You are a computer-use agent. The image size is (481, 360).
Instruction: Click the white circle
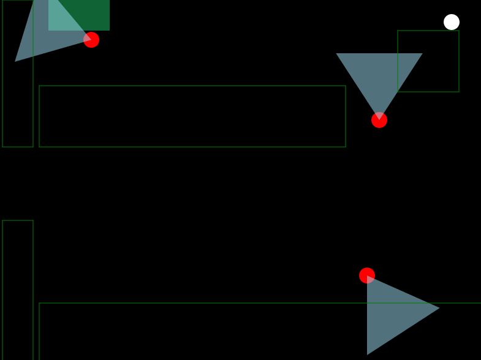click(x=452, y=22)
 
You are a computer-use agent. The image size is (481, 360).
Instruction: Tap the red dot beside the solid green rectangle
click(x=91, y=40)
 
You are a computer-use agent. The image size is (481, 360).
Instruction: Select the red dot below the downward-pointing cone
click(x=379, y=120)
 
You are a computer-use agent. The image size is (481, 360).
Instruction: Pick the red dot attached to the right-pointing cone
click(x=367, y=276)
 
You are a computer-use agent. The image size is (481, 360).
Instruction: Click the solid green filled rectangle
click(x=92, y=12)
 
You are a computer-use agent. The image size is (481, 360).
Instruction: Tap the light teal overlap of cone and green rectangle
click(x=64, y=18)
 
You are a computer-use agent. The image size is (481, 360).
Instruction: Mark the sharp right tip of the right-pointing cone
click(x=439, y=307)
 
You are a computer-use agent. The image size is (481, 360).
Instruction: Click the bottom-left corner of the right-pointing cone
click(x=368, y=354)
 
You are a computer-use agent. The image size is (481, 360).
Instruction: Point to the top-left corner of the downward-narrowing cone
click(x=336, y=54)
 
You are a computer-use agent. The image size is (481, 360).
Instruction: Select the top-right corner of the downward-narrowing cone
click(x=422, y=54)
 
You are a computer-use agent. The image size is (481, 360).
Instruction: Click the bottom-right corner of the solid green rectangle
click(x=109, y=30)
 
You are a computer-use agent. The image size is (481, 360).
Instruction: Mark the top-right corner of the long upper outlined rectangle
click(x=346, y=86)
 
